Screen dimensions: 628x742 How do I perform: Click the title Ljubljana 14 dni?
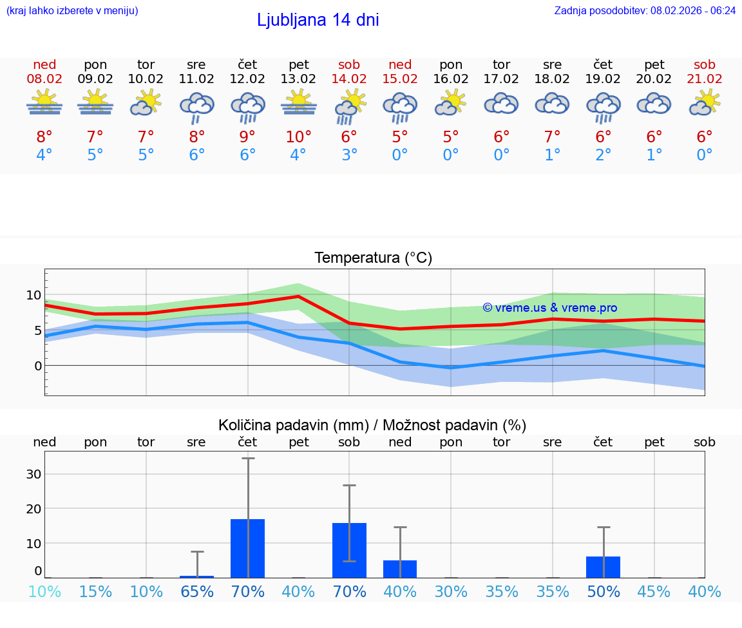tap(318, 20)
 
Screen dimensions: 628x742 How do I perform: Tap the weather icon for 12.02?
tap(248, 107)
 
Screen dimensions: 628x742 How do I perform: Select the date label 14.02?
tap(349, 79)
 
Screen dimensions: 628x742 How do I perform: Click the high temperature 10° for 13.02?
tap(299, 137)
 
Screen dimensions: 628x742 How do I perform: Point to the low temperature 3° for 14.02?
tap(349, 155)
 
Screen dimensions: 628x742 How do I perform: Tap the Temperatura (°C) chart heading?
tap(373, 258)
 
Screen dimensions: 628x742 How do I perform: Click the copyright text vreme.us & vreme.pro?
tap(549, 308)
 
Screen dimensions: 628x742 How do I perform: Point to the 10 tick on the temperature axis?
tap(33, 295)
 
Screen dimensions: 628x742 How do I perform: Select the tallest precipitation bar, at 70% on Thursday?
tap(247, 548)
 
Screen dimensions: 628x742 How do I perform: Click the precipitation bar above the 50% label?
tap(603, 567)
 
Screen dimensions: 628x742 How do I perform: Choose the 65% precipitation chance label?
tap(196, 591)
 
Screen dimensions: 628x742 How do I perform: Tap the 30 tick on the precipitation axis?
tap(33, 473)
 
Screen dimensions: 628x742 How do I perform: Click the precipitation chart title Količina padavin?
tap(372, 424)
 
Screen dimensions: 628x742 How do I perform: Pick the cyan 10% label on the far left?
tap(44, 591)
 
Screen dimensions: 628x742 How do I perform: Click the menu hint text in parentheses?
tap(71, 10)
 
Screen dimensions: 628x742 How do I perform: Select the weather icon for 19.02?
tap(603, 107)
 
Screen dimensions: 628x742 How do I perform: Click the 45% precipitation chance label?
tap(654, 591)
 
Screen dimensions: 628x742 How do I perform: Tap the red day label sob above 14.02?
tap(349, 64)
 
